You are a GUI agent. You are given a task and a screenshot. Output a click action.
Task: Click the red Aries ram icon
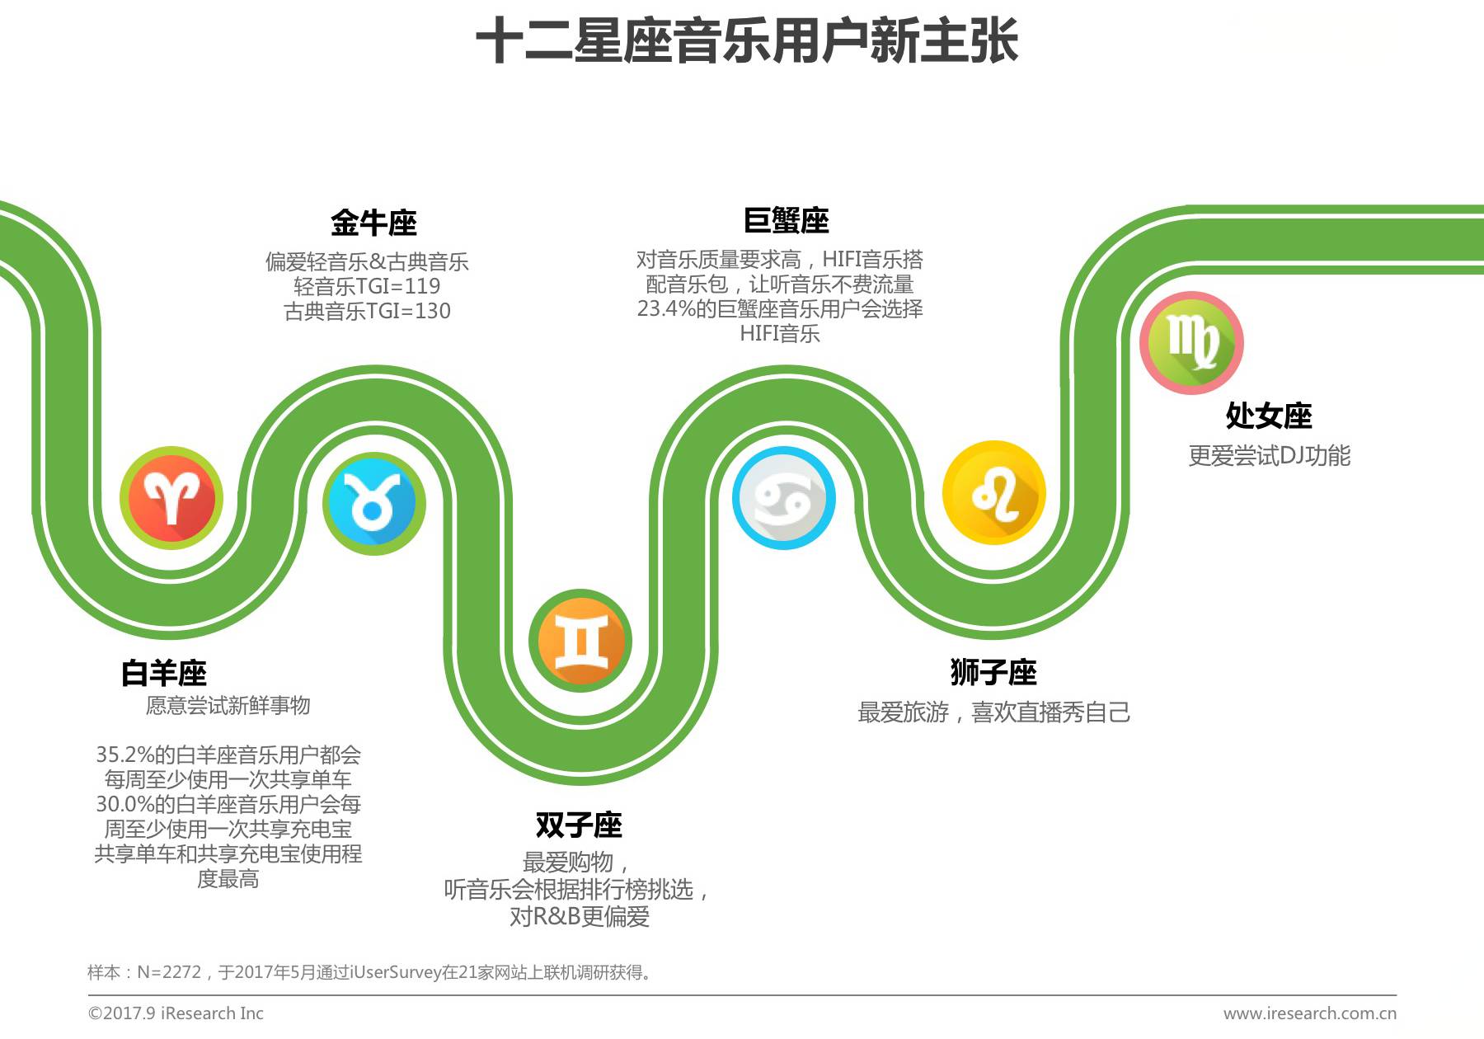click(x=171, y=498)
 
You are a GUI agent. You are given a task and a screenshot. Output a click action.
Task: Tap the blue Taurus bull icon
click(x=373, y=503)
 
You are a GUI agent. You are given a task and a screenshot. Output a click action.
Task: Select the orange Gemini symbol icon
click(x=580, y=641)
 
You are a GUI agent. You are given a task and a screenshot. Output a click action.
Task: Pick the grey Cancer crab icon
click(x=783, y=498)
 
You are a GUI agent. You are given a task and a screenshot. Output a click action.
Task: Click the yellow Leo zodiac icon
click(x=994, y=493)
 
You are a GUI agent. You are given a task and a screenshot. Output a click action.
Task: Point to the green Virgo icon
click(x=1191, y=342)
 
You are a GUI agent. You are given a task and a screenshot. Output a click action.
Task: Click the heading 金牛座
click(x=373, y=223)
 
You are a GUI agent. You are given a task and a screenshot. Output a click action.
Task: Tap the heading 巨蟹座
click(x=786, y=221)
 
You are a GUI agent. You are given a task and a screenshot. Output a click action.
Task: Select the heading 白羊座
click(x=164, y=673)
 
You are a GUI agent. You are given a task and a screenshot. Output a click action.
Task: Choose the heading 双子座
click(x=579, y=825)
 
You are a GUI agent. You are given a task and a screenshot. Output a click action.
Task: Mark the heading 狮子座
click(x=993, y=672)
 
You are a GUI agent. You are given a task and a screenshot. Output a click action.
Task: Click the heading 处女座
click(x=1269, y=416)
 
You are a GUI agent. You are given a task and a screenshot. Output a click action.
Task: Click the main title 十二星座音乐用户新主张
click(x=747, y=41)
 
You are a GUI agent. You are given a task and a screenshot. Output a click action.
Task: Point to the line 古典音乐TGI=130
click(x=367, y=311)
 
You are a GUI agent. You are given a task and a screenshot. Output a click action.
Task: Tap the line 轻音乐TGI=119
click(x=367, y=286)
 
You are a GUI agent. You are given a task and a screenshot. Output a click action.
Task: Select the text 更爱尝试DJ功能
click(x=1269, y=455)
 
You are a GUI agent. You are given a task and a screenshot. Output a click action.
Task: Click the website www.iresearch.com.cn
click(x=1309, y=1013)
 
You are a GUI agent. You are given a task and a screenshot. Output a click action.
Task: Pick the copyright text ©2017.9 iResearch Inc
click(x=176, y=1013)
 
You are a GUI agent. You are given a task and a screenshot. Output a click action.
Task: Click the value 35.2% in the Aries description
click(x=124, y=755)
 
